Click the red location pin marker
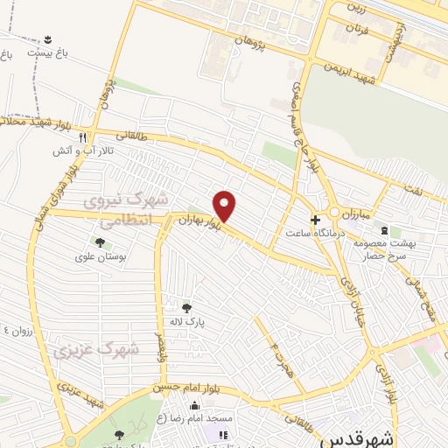[x=226, y=206]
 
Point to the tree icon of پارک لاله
[x=185, y=307]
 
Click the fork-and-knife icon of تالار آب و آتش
[x=82, y=137]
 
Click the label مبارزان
[x=356, y=213]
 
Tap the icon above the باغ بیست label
[x=46, y=39]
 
